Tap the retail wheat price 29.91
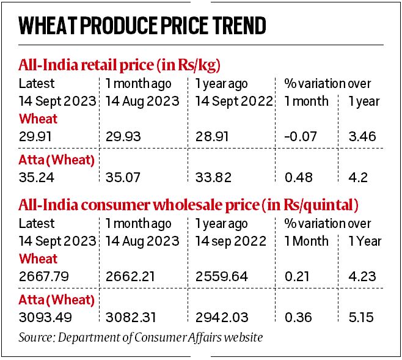[34, 136]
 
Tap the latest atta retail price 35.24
[35, 178]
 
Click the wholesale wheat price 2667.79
[43, 277]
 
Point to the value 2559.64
[220, 277]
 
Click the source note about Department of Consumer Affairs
[141, 337]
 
